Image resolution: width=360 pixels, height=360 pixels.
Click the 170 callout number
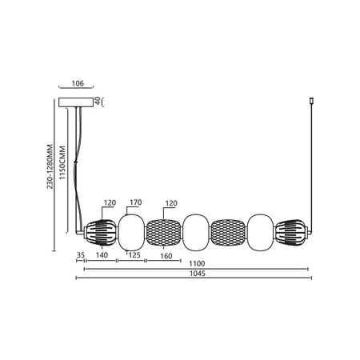tap(135, 203)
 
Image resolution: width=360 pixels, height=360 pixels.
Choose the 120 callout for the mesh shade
tap(170, 203)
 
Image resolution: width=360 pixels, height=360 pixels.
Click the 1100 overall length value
tap(196, 263)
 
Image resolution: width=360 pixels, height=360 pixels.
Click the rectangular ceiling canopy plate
tap(77, 102)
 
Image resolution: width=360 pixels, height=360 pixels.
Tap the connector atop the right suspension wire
tap(310, 102)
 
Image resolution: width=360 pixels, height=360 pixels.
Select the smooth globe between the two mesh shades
tap(196, 231)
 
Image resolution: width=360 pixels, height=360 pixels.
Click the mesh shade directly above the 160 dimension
tap(163, 231)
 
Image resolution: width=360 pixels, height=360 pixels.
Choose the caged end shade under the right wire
tap(291, 231)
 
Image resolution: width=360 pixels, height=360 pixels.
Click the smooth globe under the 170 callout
tap(131, 231)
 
